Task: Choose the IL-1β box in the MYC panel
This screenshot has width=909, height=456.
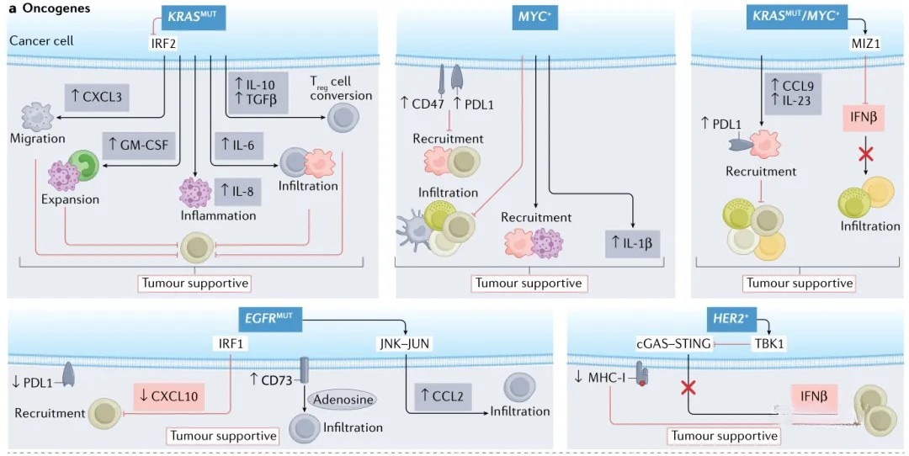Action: (x=630, y=241)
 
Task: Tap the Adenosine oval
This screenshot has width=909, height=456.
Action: (x=342, y=398)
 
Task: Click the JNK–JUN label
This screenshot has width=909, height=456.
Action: (x=405, y=342)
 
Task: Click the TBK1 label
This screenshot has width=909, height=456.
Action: (x=773, y=343)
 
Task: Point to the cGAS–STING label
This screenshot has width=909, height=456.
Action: (x=672, y=343)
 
